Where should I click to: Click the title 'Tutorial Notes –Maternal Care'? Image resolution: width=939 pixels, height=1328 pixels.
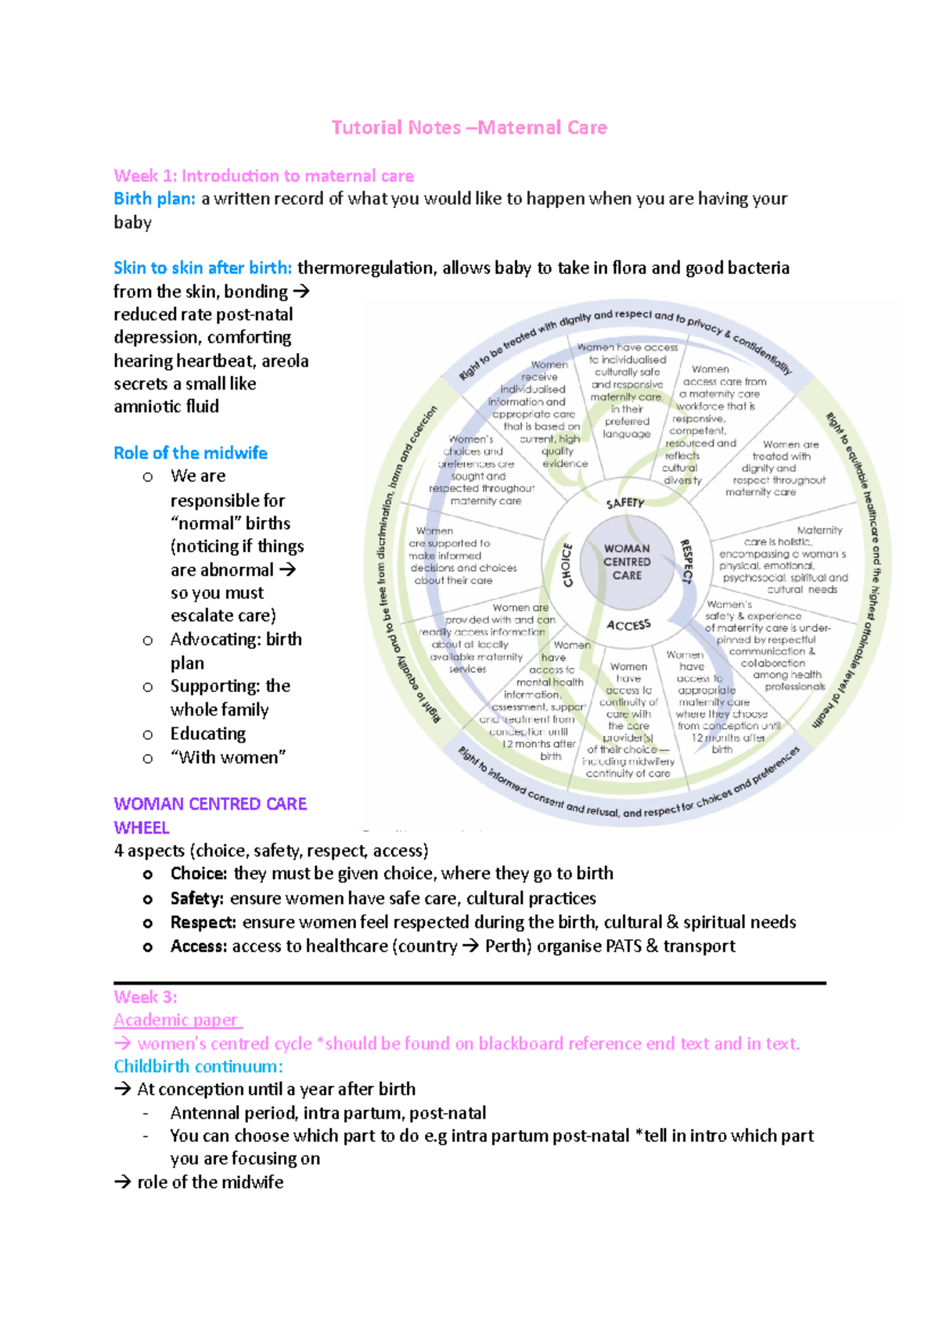pos(469,127)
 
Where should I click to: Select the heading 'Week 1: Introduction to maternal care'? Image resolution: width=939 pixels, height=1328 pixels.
pos(264,176)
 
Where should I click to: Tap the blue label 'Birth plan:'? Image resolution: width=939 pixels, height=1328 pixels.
pos(154,199)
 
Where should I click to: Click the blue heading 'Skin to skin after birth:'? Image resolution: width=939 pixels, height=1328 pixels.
pos(203,267)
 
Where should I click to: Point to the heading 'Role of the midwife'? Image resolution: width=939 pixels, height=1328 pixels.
pos(190,453)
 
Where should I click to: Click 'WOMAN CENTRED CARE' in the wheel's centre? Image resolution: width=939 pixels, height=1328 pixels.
pos(627,562)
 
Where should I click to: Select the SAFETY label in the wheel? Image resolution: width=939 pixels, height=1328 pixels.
pos(625,503)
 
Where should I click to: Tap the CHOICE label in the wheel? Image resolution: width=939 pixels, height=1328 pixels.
pos(567,565)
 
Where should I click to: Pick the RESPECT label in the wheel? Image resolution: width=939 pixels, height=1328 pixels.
pos(686,561)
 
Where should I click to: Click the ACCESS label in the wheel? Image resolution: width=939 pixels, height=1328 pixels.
pos(628,625)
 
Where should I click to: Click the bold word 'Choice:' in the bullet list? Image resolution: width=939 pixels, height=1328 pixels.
pos(199,874)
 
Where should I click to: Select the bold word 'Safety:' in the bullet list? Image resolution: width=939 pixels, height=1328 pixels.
pos(197,899)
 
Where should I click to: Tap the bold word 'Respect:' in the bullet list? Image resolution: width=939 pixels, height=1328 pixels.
pos(203,923)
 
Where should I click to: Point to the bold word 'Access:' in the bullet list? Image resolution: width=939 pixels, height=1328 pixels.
pos(199,946)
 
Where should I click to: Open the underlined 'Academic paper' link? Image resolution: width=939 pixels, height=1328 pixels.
pos(177,1020)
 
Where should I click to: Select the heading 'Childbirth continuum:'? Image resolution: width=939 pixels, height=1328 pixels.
pos(198,1067)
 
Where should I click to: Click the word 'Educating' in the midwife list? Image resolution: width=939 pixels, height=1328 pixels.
pos(208,734)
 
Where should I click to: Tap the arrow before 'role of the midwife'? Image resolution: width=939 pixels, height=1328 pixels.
pos(122,1183)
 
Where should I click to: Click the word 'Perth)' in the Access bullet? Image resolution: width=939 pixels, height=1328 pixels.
pos(509,946)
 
